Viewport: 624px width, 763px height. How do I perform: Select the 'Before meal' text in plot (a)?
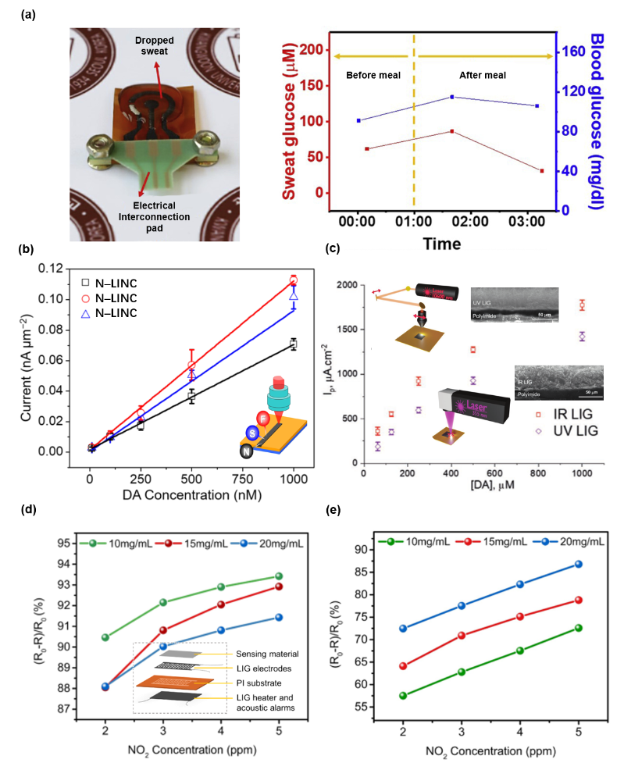[373, 75]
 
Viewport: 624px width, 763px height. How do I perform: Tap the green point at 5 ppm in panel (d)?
[279, 576]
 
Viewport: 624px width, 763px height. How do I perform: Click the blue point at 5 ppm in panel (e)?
[577, 564]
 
